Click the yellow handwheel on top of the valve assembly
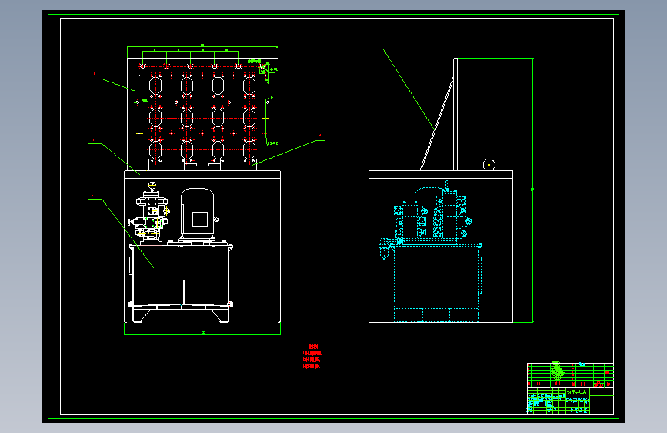(152, 186)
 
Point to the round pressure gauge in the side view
(489, 164)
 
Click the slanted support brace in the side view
(436, 123)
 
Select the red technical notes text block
(312, 357)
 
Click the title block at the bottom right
(570, 388)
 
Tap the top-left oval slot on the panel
(155, 85)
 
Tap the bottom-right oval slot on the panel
(249, 148)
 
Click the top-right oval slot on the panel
(249, 85)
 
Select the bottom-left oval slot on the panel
(155, 148)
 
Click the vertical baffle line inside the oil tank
(183, 291)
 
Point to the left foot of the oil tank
(140, 316)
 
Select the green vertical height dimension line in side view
(532, 189)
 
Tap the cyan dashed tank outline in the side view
(436, 277)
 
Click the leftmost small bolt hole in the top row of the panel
(143, 67)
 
